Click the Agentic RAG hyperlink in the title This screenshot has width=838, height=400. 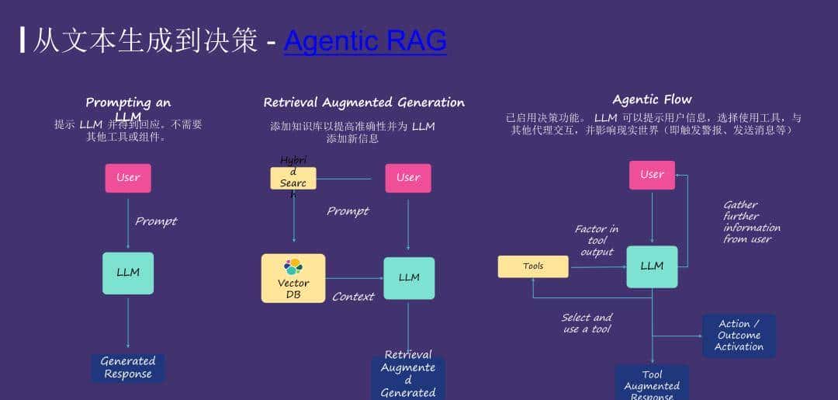click(365, 40)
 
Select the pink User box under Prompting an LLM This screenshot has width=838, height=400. click(128, 178)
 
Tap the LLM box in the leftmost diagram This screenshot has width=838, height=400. click(128, 273)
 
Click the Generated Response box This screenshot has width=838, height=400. click(128, 367)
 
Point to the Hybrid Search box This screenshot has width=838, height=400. click(293, 178)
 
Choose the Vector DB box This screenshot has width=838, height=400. click(293, 278)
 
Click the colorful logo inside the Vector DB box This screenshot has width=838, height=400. click(293, 266)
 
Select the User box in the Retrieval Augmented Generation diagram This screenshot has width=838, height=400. click(408, 178)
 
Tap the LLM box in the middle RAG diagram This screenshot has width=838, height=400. click(409, 277)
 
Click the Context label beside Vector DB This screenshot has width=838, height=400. click(353, 297)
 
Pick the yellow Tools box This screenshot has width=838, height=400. click(533, 266)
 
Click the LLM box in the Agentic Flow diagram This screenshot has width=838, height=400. click(652, 266)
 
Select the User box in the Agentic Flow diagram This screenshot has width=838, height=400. click(652, 175)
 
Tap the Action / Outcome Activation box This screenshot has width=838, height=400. click(739, 336)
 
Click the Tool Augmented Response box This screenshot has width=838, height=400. click(652, 384)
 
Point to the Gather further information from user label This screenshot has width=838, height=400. click(752, 222)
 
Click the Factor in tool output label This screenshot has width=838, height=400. click(597, 240)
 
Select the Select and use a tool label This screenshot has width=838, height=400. click(587, 323)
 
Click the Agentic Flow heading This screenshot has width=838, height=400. click(652, 99)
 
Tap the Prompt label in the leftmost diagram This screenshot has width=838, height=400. click(156, 221)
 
